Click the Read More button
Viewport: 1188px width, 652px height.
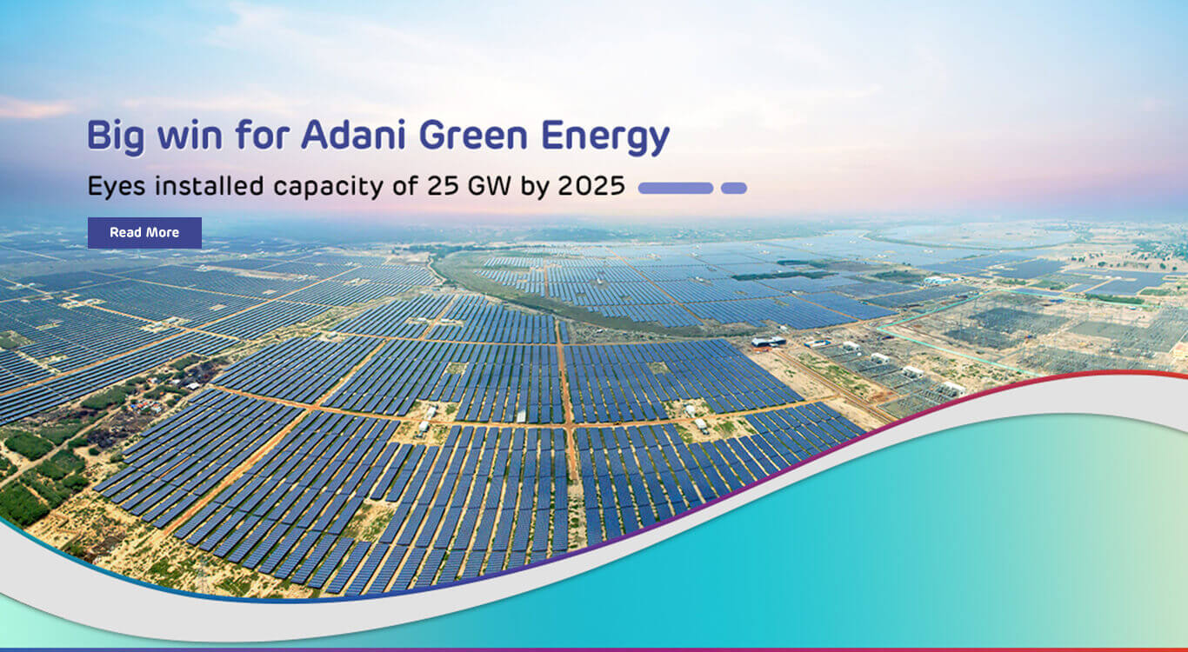click(144, 233)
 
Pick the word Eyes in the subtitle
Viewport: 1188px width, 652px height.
click(113, 187)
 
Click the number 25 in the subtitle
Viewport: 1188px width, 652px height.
click(438, 187)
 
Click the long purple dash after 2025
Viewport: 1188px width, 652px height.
click(676, 188)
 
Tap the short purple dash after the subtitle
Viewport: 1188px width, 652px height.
click(733, 188)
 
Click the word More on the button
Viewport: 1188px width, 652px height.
click(163, 233)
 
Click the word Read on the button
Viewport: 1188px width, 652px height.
click(125, 233)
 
